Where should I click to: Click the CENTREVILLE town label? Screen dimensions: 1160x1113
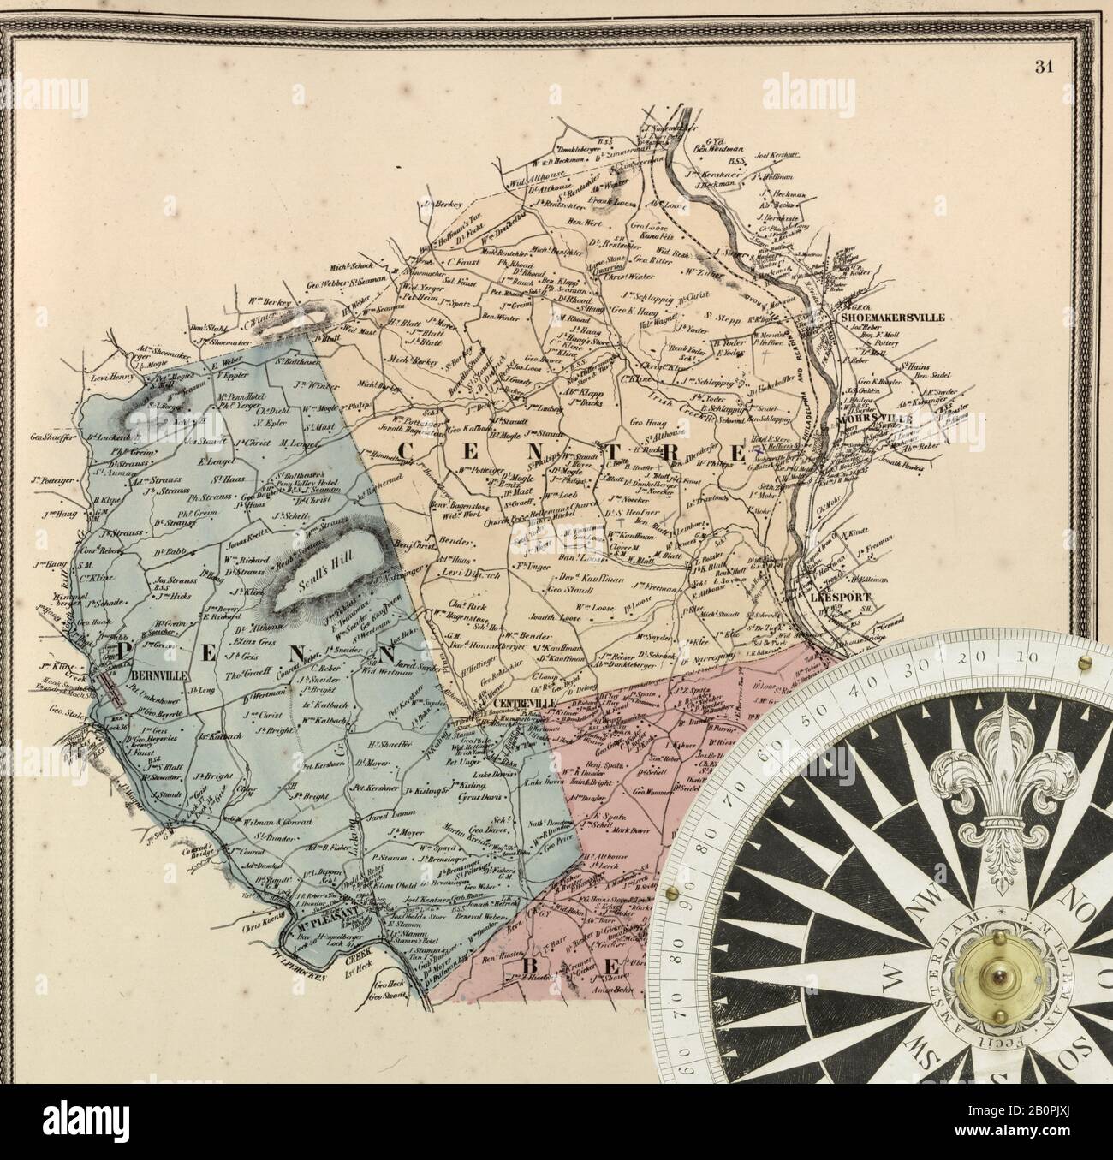click(x=527, y=704)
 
